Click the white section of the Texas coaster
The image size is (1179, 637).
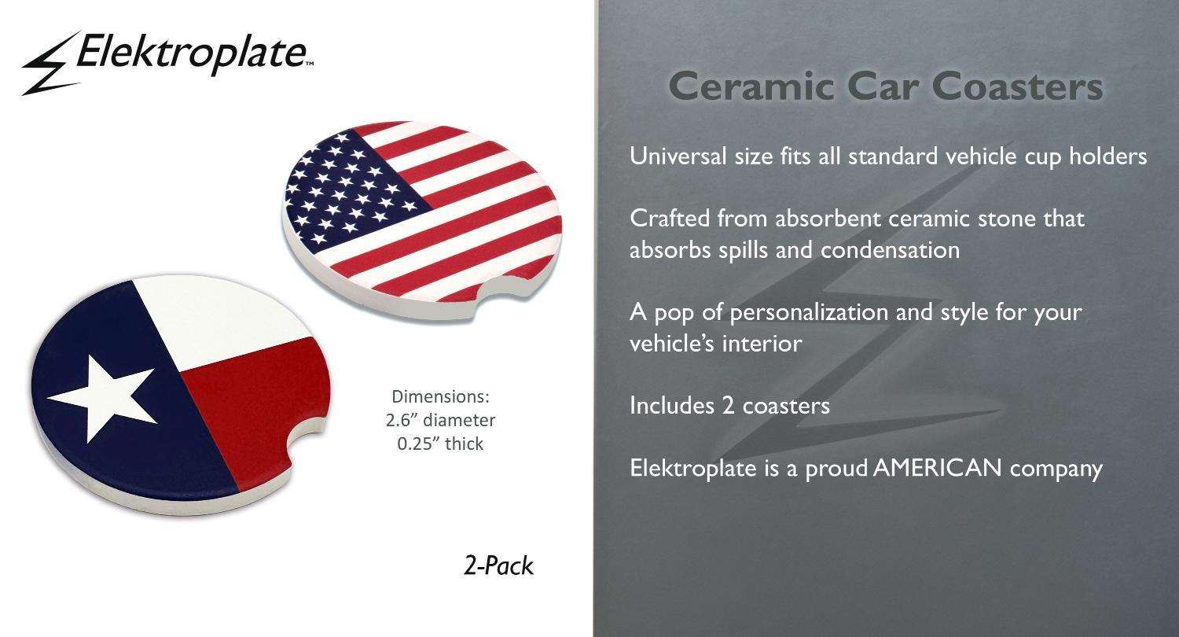point(221,321)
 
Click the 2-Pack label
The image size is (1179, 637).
point(498,566)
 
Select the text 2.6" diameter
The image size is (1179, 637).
point(440,420)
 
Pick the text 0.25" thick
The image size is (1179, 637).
point(440,444)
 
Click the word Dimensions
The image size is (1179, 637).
point(440,396)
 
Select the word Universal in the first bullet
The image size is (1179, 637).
point(678,156)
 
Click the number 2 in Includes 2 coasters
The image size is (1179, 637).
point(729,405)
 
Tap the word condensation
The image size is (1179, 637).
point(890,250)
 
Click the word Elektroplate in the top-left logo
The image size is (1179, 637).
point(192,53)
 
